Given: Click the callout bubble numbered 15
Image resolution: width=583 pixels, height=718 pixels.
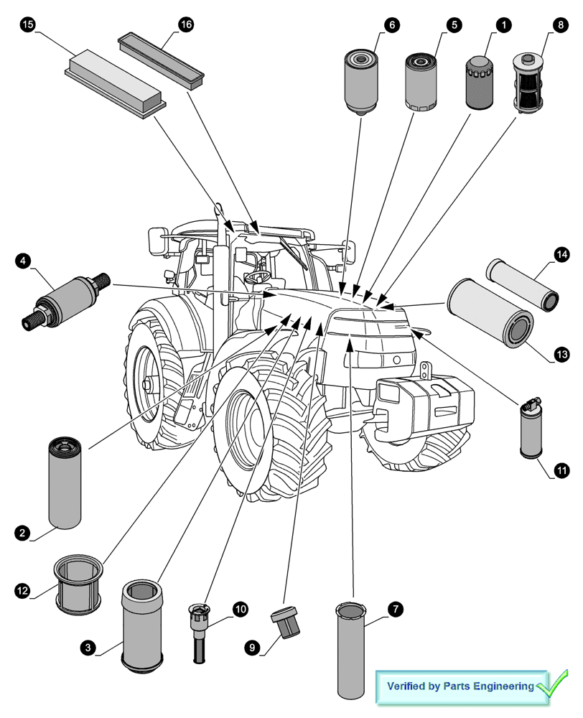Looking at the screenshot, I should point(27,25).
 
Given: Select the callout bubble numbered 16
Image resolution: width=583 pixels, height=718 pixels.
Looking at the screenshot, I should point(185,25).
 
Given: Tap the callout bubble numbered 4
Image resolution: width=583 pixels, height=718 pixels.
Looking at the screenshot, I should point(23,260).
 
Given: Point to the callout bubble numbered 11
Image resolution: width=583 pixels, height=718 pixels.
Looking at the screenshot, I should point(561,471).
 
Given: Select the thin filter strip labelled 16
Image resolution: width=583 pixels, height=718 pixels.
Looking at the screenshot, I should point(162,59).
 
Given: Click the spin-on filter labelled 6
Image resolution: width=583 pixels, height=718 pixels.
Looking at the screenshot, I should point(360,80).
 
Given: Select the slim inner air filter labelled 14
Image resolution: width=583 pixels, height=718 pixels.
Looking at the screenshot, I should point(523,284).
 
